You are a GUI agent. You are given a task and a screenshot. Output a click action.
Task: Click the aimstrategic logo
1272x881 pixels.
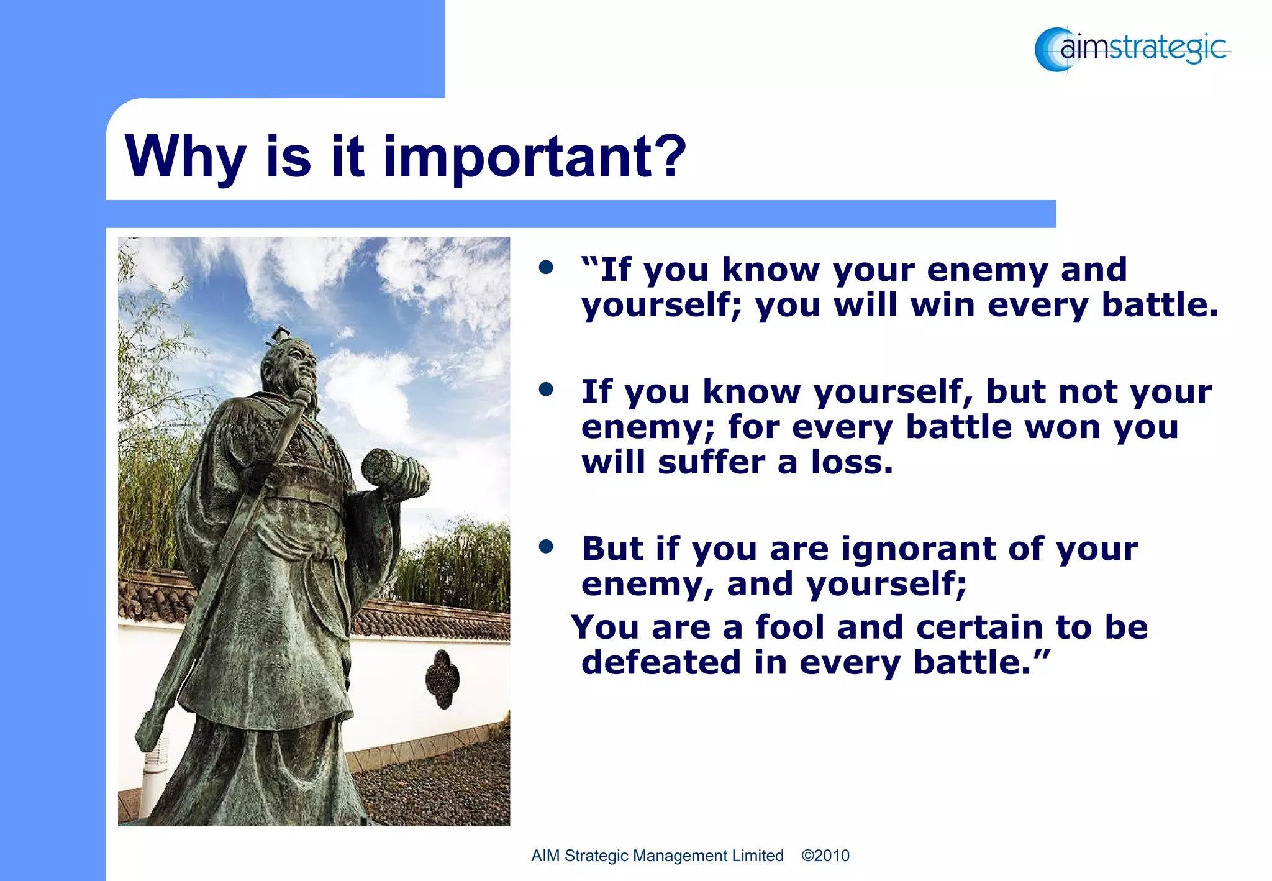point(1132,48)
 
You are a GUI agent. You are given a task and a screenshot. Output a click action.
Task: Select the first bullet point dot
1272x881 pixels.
point(546,268)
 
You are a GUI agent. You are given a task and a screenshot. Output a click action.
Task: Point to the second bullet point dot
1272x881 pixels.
point(546,390)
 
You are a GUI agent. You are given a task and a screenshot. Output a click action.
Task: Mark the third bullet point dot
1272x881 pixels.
point(546,547)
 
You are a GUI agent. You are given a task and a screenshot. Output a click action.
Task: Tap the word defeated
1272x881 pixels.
point(661,662)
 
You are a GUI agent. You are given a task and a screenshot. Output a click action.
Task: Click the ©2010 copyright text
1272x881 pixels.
point(825,856)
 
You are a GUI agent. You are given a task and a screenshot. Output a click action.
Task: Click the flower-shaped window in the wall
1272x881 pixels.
point(442,679)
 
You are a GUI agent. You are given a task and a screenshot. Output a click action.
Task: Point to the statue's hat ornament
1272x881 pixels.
point(279,335)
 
